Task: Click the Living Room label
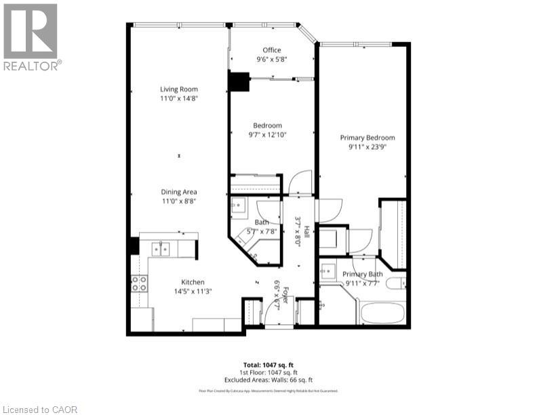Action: [178, 90]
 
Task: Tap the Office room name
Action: [272, 50]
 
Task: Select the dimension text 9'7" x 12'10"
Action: [267, 134]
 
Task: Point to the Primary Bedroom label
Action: [367, 138]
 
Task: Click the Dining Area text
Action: [179, 192]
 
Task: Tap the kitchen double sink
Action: [161, 249]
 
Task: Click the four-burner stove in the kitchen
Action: [139, 283]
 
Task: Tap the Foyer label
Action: [285, 294]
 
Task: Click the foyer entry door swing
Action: [274, 309]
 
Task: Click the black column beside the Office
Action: [239, 81]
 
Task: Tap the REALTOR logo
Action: [31, 37]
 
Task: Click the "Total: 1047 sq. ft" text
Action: [268, 365]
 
